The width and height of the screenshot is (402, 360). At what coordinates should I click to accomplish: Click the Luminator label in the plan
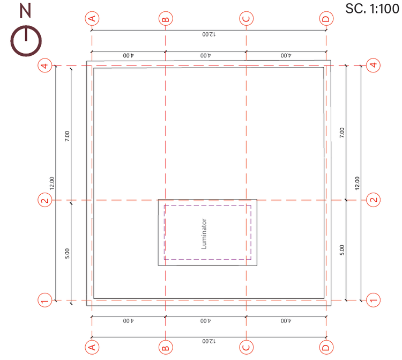(x=204, y=234)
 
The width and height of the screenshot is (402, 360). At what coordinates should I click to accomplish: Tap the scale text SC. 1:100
(x=372, y=9)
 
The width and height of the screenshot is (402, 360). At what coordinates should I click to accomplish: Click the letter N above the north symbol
(x=25, y=11)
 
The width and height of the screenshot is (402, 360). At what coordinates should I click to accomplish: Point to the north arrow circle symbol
(x=26, y=41)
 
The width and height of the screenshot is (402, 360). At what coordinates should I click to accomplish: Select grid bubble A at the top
(x=92, y=18)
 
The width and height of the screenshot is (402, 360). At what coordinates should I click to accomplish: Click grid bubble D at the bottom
(x=326, y=348)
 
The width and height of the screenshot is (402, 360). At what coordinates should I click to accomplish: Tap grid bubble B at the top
(x=166, y=18)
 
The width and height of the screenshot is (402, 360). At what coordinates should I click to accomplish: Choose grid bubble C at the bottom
(x=247, y=348)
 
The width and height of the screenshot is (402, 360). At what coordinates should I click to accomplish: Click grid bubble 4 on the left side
(x=45, y=65)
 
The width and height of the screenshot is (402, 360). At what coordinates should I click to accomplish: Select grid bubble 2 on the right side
(x=373, y=200)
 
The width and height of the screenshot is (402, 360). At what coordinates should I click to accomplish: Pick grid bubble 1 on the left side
(x=45, y=300)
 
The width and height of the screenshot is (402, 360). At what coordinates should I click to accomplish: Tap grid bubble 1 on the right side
(x=373, y=300)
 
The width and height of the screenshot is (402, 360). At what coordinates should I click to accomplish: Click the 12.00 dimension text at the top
(x=209, y=34)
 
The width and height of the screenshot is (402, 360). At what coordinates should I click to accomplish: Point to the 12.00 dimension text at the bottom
(x=209, y=341)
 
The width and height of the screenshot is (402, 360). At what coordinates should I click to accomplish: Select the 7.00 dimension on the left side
(x=67, y=136)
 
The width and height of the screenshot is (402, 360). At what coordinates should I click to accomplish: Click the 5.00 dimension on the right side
(x=342, y=250)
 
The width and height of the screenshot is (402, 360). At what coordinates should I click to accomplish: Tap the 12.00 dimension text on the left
(x=52, y=183)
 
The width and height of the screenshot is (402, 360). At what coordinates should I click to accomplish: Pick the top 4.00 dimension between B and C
(x=206, y=56)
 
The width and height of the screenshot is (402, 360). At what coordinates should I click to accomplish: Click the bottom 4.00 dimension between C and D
(x=286, y=321)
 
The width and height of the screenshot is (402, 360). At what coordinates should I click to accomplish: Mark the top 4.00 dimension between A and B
(x=128, y=56)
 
